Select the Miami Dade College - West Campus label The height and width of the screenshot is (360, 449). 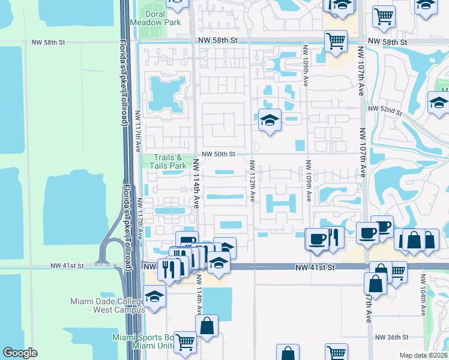(107, 305)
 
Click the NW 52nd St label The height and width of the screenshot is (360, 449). (384, 108)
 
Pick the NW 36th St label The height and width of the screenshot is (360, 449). (391, 337)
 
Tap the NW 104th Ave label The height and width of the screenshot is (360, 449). (423, 295)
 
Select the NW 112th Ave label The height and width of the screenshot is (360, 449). (252, 181)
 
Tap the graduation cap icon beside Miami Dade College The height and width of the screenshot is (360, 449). (154, 296)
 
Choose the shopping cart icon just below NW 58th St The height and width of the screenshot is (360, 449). (336, 41)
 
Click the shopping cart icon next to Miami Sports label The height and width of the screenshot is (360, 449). (185, 342)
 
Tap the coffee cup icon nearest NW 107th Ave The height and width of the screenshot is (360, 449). (367, 232)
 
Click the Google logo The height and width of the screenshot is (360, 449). (20, 353)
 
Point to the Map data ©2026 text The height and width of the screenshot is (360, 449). (424, 355)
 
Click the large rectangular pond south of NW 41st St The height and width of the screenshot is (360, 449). (217, 304)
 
